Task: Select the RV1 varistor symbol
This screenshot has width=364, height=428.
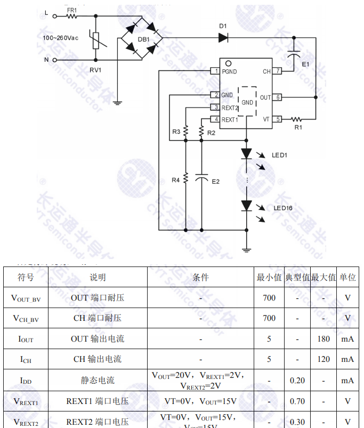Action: [96, 40]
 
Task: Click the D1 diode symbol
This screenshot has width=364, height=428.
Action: [223, 37]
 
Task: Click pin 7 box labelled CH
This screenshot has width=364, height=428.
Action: [278, 71]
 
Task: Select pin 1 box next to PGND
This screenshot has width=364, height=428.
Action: [215, 71]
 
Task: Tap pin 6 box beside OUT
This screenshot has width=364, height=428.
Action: [278, 98]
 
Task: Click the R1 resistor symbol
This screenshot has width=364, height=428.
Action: [297, 119]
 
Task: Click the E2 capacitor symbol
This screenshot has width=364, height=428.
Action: [201, 178]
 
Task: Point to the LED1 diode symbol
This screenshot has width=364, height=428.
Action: [246, 154]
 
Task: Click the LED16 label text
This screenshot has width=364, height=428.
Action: [283, 208]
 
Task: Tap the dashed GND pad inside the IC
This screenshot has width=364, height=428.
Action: [247, 101]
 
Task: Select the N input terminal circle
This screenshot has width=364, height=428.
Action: [55, 60]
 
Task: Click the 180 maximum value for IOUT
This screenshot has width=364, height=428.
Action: [323, 338]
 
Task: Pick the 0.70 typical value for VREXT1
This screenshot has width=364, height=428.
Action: [297, 401]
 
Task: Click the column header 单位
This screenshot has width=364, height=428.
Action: [347, 277]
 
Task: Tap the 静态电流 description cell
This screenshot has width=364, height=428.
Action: [98, 380]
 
